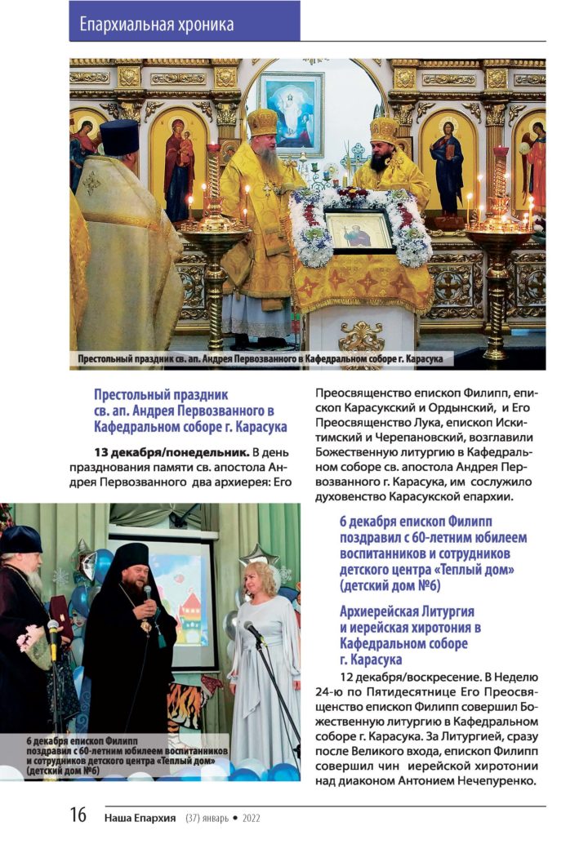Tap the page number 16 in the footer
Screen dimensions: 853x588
coord(78,815)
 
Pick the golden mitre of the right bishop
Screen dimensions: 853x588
coord(383,129)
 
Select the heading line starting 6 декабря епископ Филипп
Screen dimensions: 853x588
coord(415,520)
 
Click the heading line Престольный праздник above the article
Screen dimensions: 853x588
coord(161,394)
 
